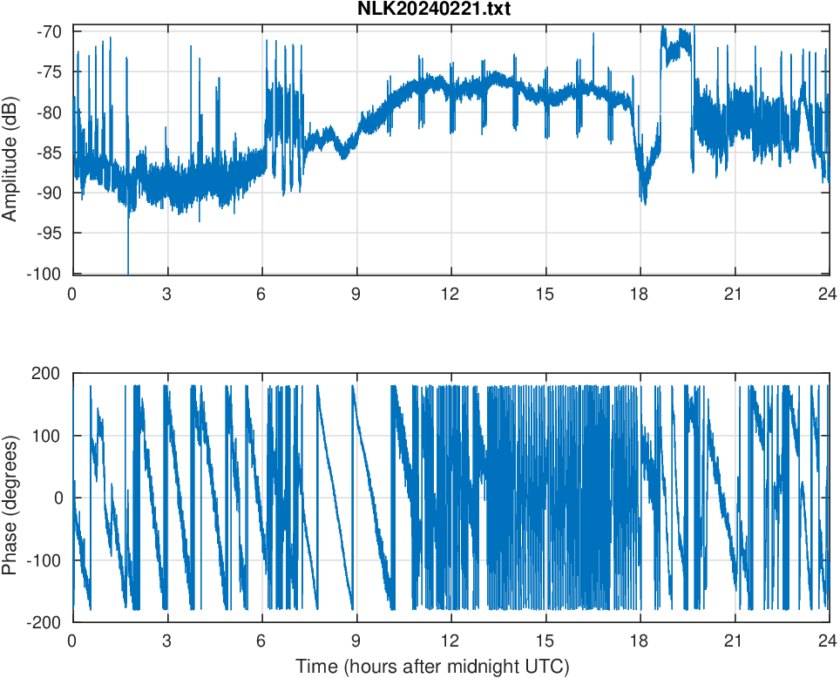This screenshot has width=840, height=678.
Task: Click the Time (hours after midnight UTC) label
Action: (432, 667)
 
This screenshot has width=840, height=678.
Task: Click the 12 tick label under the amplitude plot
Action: (450, 293)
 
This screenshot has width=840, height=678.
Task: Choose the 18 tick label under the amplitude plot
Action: (640, 293)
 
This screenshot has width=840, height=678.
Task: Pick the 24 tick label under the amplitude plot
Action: (829, 293)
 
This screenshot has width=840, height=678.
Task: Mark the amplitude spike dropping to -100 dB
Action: (128, 267)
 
